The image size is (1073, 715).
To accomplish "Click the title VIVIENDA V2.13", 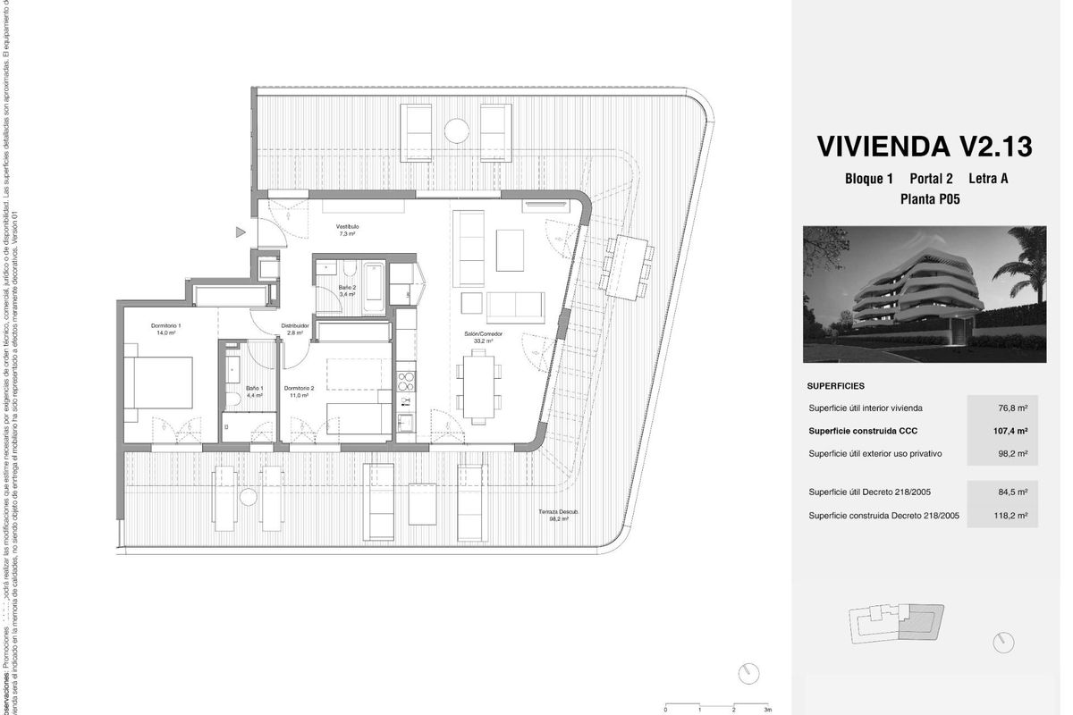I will [x=925, y=146].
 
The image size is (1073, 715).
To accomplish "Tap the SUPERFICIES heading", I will [x=835, y=386].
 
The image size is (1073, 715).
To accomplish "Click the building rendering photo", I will [x=925, y=294].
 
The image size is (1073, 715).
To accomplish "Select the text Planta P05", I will [x=930, y=199].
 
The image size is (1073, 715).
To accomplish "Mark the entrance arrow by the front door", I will [x=240, y=232].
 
